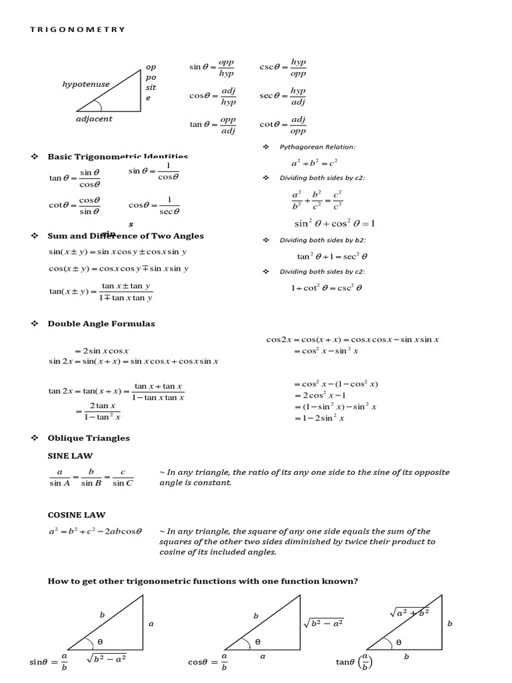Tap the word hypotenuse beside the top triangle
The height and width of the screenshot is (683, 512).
tap(86, 85)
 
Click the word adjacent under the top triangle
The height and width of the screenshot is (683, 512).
tap(94, 119)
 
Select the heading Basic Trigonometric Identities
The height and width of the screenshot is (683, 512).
tap(118, 157)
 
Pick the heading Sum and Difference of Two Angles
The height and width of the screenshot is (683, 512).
tap(125, 235)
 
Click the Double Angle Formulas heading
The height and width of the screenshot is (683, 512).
tap(101, 323)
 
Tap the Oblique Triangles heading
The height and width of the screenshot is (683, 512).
tap(89, 438)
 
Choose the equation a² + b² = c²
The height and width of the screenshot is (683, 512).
tap(314, 163)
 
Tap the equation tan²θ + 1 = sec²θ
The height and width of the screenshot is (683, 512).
tap(332, 256)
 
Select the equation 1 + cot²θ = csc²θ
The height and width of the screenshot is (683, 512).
tap(325, 288)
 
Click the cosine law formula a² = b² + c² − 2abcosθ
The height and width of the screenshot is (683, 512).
tap(96, 532)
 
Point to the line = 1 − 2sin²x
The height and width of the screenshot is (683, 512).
tap(319, 418)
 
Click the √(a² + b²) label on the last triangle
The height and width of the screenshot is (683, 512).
tap(409, 611)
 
